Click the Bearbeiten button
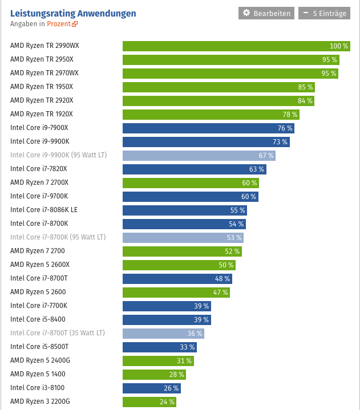point(266,13)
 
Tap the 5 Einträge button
point(324,13)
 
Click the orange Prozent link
point(62,24)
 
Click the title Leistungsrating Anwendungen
point(73,13)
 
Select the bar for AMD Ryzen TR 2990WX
point(236,46)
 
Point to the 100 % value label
point(339,46)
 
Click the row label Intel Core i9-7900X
point(39,128)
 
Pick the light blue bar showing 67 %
point(199,156)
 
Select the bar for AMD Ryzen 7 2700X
point(191,183)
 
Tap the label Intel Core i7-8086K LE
point(44,210)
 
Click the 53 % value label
point(234,238)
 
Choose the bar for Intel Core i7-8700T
point(177,279)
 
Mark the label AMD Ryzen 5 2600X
point(40,265)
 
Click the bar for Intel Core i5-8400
point(167,320)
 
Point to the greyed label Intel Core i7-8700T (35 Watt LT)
point(58,333)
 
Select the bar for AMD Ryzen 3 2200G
point(149,402)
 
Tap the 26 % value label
point(171,388)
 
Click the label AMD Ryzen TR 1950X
point(42,87)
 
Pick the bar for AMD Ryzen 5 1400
point(154,375)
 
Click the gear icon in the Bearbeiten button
point(246,13)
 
